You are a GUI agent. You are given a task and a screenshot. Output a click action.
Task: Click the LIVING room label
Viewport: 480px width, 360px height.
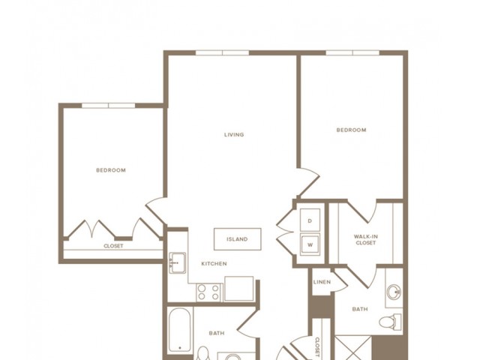tap(234, 135)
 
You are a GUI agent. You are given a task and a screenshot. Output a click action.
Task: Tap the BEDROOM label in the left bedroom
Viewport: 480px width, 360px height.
tap(111, 170)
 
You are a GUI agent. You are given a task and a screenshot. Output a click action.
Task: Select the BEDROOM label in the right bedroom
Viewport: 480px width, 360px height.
tap(350, 130)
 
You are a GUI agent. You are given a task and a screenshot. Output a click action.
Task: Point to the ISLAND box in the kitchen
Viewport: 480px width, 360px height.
tap(237, 239)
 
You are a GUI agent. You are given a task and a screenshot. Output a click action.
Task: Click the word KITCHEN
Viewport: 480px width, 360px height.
tap(214, 264)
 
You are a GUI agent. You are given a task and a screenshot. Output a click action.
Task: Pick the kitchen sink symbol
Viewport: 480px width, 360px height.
tap(177, 262)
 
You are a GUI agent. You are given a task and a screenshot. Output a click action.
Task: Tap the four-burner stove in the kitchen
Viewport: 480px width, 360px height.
tap(208, 291)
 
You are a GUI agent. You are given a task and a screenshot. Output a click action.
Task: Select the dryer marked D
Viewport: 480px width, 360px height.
tap(310, 221)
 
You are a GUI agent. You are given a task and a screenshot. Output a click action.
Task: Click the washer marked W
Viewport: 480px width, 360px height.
tap(310, 244)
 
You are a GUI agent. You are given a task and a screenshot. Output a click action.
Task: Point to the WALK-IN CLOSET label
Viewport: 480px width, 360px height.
tap(365, 239)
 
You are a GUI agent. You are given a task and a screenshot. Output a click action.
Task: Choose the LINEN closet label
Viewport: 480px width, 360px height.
tap(321, 281)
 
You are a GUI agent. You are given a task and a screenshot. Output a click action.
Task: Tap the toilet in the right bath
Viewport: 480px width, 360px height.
tap(388, 323)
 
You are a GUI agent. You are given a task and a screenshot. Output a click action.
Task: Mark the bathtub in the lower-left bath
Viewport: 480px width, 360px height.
tap(180, 329)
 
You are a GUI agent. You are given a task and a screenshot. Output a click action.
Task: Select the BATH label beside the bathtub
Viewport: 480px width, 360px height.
tap(217, 333)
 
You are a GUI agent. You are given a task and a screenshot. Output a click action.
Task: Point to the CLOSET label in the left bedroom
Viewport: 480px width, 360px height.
tap(113, 246)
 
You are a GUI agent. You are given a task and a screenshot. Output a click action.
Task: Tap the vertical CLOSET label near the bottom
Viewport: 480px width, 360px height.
tap(317, 346)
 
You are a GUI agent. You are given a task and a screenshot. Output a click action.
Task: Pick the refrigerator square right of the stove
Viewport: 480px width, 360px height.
tap(240, 289)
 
